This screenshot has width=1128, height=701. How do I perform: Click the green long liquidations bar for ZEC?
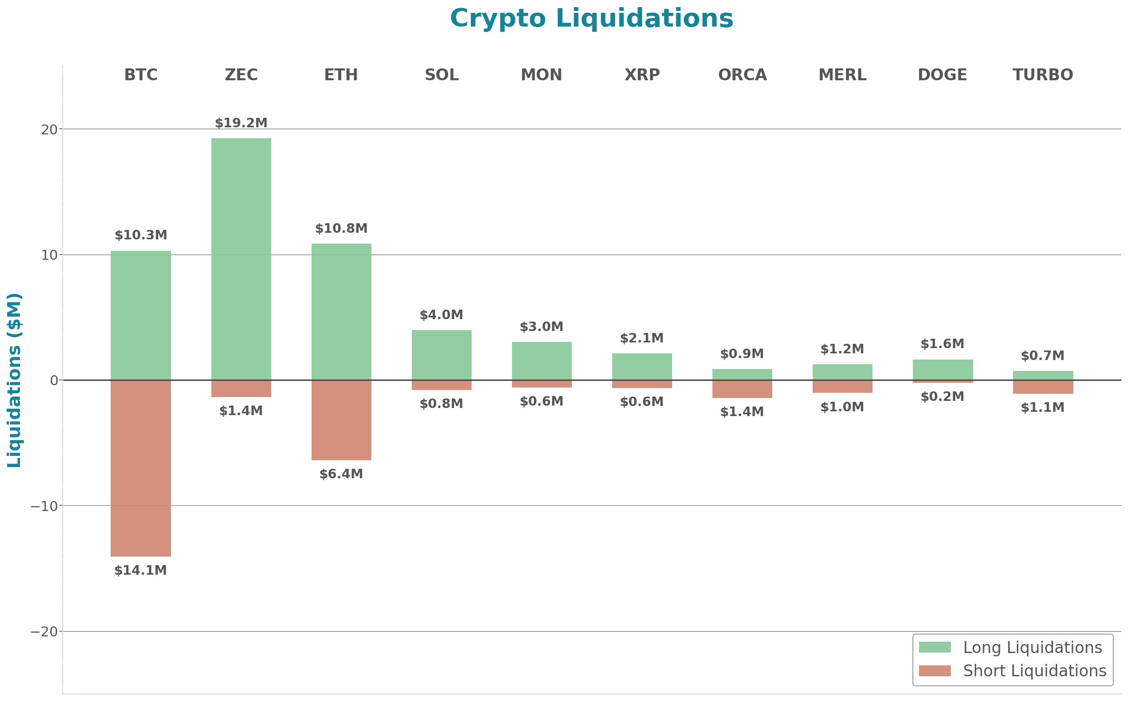click(x=241, y=259)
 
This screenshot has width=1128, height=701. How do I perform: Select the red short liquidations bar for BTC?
click(x=141, y=468)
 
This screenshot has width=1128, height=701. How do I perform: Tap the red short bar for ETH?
click(x=341, y=420)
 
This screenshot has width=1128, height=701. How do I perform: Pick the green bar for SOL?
click(x=441, y=355)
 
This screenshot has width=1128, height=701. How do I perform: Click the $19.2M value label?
click(x=241, y=123)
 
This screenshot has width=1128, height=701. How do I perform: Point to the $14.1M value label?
click(x=141, y=570)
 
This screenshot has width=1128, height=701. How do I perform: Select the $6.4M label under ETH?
click(x=341, y=474)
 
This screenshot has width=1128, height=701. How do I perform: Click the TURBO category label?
click(x=1043, y=75)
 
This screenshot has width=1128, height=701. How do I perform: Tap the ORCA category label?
click(x=742, y=75)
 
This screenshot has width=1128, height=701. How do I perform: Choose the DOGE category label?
click(x=942, y=75)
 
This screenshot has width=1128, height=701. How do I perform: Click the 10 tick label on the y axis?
click(x=49, y=255)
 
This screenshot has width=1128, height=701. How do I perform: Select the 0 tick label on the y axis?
click(x=54, y=380)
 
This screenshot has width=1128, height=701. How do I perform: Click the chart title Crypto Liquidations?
click(x=591, y=19)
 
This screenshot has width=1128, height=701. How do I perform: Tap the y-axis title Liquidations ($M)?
click(x=14, y=380)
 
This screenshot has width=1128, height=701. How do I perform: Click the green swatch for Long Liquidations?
click(x=934, y=647)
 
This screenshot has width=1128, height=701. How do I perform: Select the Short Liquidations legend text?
click(x=1034, y=671)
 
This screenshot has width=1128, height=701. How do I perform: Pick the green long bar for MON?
click(x=541, y=360)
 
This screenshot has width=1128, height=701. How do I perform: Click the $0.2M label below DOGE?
click(x=942, y=397)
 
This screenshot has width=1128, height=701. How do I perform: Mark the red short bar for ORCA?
click(x=742, y=389)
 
